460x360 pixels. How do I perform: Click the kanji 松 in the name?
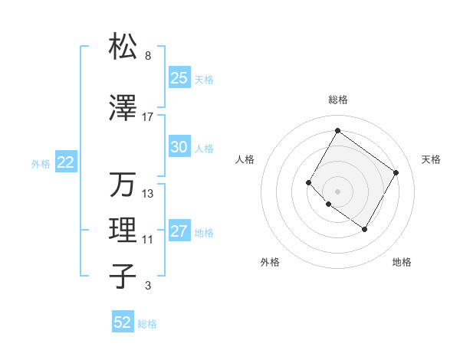123,47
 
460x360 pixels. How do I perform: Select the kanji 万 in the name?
123,185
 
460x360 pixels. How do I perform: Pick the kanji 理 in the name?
123,231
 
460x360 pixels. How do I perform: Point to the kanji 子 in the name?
123,277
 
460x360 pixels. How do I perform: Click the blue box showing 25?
179,78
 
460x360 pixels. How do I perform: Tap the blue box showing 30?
179,147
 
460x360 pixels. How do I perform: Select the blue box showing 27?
179,231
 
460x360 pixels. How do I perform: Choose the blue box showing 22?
65,162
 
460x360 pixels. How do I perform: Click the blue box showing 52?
123,322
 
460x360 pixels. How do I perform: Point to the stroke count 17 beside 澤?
147,117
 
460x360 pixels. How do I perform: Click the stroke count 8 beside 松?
147,56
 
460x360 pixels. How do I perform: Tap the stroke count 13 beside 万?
147,194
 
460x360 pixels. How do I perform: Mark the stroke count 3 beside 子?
147,286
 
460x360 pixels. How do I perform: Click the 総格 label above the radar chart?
337,100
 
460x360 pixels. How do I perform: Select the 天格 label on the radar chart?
431,159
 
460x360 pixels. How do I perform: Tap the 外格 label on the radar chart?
270,262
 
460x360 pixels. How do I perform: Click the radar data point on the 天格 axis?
396,172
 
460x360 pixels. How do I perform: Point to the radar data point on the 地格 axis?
364,229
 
